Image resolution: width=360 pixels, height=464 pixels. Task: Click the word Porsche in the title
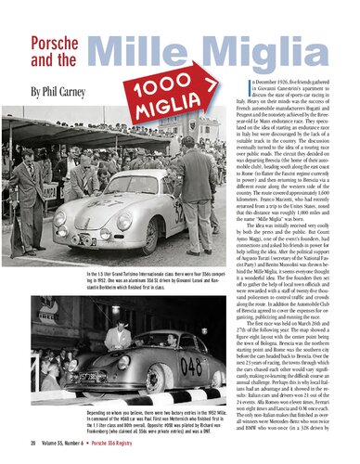(x=55, y=45)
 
